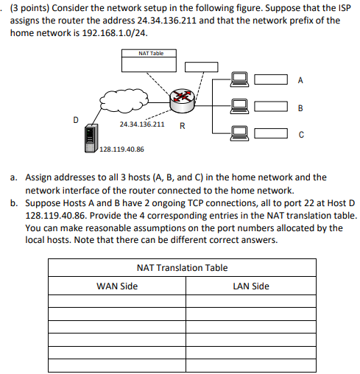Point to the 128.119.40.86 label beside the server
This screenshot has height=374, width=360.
(121, 149)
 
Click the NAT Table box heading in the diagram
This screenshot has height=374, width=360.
(151, 54)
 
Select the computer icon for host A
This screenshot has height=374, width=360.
(238, 79)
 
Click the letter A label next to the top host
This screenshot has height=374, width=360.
(300, 79)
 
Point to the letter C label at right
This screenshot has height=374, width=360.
(300, 135)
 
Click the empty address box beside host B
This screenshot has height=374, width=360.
(271, 107)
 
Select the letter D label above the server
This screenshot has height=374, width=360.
(75, 117)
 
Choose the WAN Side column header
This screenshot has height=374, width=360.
(116, 286)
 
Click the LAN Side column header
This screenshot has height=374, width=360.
(250, 286)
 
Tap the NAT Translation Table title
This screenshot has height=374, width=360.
(183, 268)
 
